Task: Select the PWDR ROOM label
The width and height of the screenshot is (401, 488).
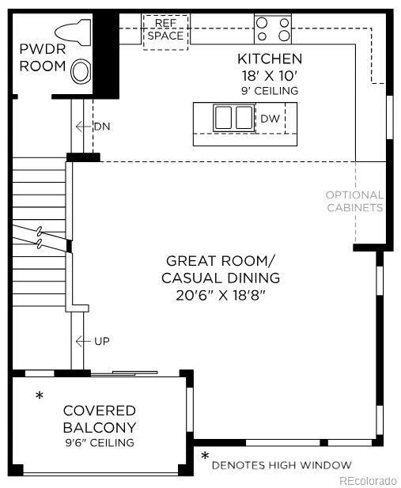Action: point(43,58)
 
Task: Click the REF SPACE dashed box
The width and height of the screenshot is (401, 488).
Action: point(166,31)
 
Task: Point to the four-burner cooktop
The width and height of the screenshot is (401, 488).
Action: point(273,29)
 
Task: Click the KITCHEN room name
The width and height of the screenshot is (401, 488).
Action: point(270,59)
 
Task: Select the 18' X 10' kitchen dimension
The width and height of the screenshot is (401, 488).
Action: point(270,75)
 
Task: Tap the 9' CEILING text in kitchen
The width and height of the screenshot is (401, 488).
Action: point(270,91)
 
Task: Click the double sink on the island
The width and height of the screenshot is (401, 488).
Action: point(233,118)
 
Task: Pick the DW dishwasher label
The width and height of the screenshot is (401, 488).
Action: point(269,119)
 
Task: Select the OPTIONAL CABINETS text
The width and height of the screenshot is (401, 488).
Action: point(354,201)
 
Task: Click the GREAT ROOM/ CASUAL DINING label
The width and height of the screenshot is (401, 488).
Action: point(221,269)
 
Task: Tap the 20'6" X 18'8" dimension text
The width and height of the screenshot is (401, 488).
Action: point(221,295)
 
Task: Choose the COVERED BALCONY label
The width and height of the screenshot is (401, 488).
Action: point(100,419)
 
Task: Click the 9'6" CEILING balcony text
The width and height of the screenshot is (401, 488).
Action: point(100,442)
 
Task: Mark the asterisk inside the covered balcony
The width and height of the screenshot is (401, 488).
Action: point(39,395)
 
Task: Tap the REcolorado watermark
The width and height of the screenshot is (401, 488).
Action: point(368,480)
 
